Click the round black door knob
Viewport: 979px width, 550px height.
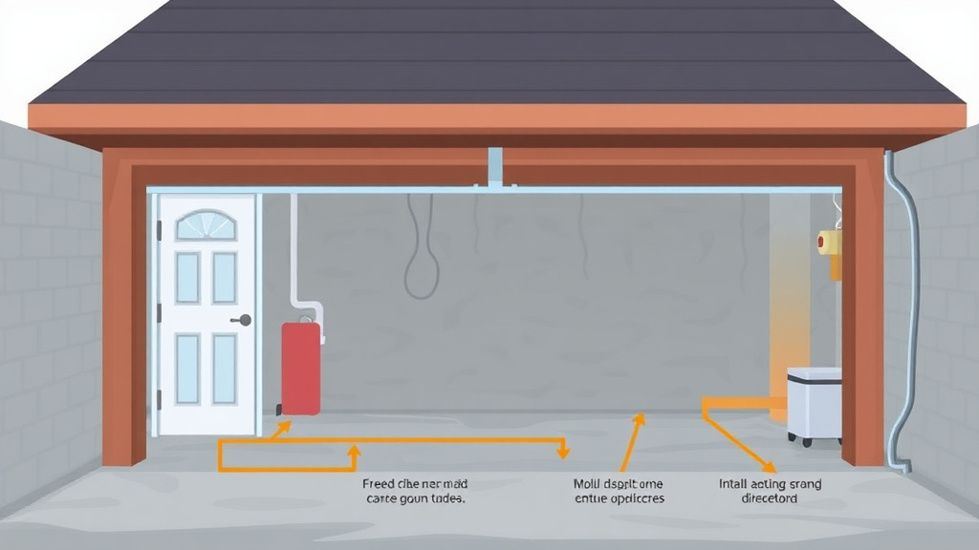tap(246, 320)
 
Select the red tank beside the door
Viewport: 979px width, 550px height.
tap(300, 369)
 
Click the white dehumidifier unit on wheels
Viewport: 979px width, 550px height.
tap(814, 405)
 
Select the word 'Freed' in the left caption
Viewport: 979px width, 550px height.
tap(380, 484)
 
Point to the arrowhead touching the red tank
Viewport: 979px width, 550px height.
tap(284, 428)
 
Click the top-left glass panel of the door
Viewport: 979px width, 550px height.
tap(187, 278)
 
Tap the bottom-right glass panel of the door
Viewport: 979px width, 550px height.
tap(225, 368)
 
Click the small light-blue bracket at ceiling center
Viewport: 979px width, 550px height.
tap(495, 167)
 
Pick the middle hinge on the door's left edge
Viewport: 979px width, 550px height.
tap(160, 313)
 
